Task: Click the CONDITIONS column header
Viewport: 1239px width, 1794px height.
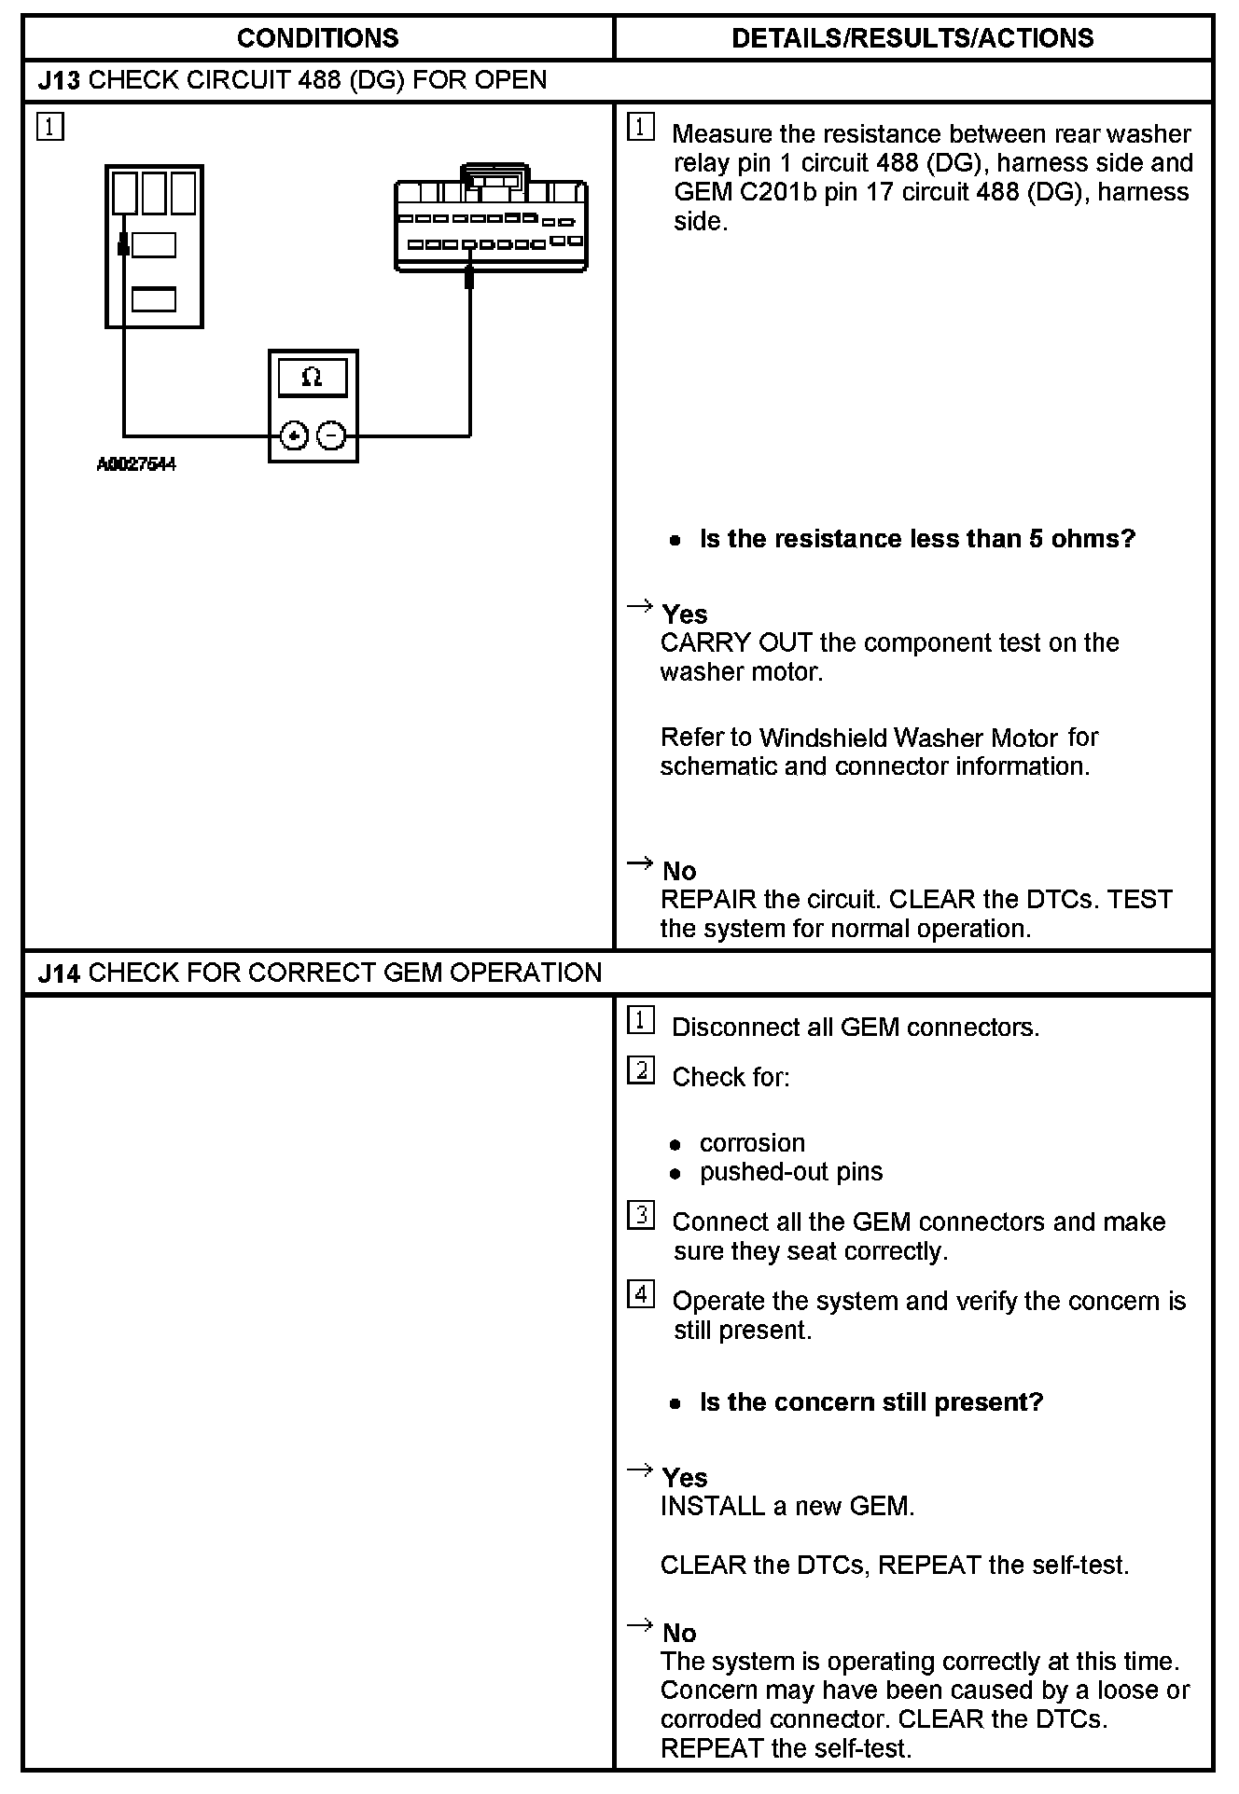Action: (317, 38)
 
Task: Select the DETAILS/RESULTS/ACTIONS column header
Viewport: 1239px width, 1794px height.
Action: (912, 38)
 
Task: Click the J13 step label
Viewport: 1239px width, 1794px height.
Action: (59, 80)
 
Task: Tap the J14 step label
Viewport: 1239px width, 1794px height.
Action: (59, 973)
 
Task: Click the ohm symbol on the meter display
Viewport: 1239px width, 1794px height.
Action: (313, 378)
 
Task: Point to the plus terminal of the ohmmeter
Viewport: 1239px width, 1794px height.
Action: (295, 435)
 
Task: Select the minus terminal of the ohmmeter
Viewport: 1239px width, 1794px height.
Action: (331, 435)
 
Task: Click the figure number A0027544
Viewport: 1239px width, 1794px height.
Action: (136, 464)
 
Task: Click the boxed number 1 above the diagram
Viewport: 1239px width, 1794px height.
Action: (50, 126)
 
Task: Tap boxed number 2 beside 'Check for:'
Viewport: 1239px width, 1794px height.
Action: (641, 1070)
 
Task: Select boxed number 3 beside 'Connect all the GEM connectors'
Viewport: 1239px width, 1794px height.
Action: (641, 1216)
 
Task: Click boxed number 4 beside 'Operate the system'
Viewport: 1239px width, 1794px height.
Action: (641, 1295)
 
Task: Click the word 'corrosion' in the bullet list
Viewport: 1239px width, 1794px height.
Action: (752, 1143)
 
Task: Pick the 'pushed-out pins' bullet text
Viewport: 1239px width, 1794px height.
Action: (791, 1172)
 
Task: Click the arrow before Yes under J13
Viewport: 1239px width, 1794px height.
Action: (640, 608)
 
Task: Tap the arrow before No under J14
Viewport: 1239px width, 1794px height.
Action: (640, 1626)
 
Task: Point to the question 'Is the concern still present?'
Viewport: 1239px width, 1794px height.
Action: (870, 1402)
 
